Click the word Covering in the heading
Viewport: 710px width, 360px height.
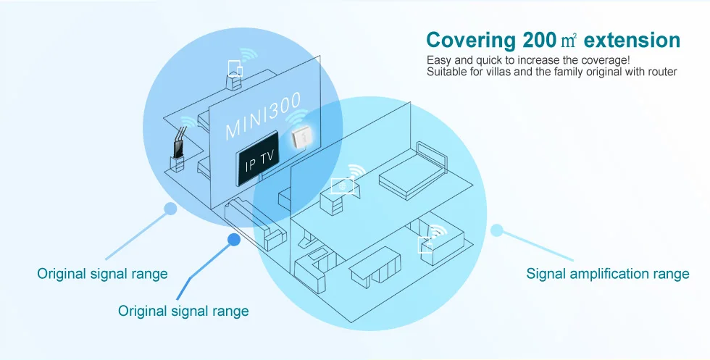pyautogui.click(x=471, y=41)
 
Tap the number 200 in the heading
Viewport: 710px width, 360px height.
pyautogui.click(x=539, y=41)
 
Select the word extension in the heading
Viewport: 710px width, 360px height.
pyautogui.click(x=632, y=41)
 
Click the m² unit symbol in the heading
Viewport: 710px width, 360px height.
pyautogui.click(x=569, y=41)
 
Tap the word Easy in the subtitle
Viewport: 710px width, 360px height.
pyautogui.click(x=438, y=61)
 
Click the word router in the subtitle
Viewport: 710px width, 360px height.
pyautogui.click(x=662, y=72)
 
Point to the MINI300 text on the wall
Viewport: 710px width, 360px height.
pyautogui.click(x=262, y=116)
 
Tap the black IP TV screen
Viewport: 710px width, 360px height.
pyautogui.click(x=258, y=159)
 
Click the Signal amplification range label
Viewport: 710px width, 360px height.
pyautogui.click(x=608, y=274)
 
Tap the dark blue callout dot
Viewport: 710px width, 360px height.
pyautogui.click(x=233, y=240)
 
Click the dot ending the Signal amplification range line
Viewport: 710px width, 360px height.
pyautogui.click(x=497, y=230)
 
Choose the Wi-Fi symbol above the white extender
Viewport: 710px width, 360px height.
pyautogui.click(x=296, y=117)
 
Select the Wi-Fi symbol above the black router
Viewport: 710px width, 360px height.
pyautogui.click(x=188, y=122)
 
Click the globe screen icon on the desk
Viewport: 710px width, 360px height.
pyautogui.click(x=342, y=185)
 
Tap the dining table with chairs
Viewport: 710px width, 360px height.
pyautogui.click(x=375, y=267)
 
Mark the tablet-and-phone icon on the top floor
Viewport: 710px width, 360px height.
pyautogui.click(x=235, y=68)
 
